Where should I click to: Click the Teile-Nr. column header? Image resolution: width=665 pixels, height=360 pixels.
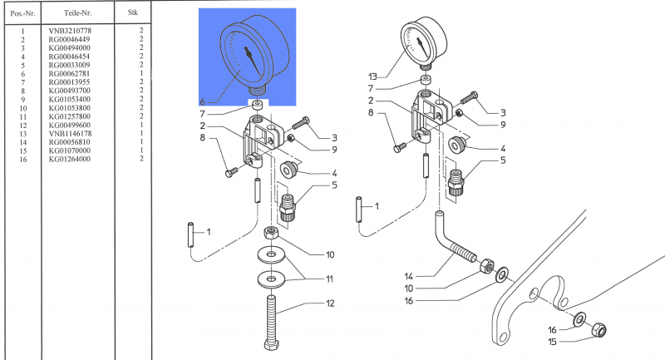pyautogui.click(x=77, y=12)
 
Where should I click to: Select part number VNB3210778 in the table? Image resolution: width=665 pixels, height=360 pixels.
pyautogui.click(x=70, y=31)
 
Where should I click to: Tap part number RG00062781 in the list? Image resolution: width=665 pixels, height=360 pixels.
pyautogui.click(x=69, y=73)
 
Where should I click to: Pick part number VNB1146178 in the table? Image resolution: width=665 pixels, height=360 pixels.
pyautogui.click(x=70, y=133)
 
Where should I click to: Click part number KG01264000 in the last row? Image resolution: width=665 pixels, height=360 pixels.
pyautogui.click(x=70, y=159)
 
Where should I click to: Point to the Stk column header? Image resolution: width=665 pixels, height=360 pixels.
pyautogui.click(x=133, y=12)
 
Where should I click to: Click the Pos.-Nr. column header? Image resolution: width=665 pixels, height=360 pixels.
pyautogui.click(x=22, y=13)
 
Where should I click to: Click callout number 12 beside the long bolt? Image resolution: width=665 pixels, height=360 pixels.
pyautogui.click(x=330, y=303)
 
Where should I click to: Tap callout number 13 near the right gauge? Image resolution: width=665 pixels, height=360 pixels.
pyautogui.click(x=372, y=76)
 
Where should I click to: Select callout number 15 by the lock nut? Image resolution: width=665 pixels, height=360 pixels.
pyautogui.click(x=552, y=342)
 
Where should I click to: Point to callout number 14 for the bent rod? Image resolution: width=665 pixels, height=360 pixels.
pyautogui.click(x=408, y=277)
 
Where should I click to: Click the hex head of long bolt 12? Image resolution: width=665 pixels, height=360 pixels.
pyautogui.click(x=271, y=344)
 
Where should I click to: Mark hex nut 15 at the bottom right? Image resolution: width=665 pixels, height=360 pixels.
pyautogui.click(x=598, y=329)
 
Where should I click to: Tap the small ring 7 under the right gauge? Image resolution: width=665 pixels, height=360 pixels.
pyautogui.click(x=426, y=80)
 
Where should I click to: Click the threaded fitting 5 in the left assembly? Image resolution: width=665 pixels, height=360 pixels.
pyautogui.click(x=287, y=207)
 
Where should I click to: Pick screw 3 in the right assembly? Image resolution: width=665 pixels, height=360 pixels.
pyautogui.click(x=469, y=97)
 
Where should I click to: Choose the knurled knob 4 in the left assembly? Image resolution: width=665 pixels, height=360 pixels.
pyautogui.click(x=288, y=170)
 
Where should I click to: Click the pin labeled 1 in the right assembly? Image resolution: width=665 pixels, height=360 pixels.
pyautogui.click(x=359, y=210)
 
